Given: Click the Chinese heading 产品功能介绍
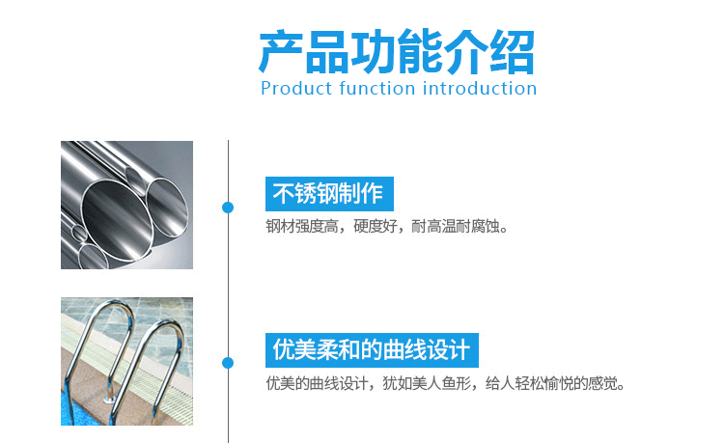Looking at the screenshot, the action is click(396, 51).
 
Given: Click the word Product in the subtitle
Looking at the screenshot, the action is click(296, 88).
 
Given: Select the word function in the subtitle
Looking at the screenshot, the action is click(376, 88).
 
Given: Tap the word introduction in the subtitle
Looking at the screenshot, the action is click(480, 88).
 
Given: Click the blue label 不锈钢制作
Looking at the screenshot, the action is click(329, 194).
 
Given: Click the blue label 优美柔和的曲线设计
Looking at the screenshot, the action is click(372, 349).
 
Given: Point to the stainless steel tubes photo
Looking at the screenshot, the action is click(127, 205).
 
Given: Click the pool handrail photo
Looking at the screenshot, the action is click(127, 361).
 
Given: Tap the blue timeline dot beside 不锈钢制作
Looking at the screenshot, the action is click(228, 208).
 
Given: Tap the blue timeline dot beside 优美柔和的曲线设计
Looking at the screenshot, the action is click(228, 363).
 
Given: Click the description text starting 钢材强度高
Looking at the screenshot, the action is click(387, 227).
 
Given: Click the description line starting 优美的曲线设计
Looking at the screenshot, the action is click(445, 383).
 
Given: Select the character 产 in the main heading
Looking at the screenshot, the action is click(281, 51).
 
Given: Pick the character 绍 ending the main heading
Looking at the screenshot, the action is click(513, 51).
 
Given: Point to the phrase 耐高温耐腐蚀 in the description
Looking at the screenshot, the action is click(455, 227).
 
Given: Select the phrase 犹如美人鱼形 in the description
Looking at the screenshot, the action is click(426, 383).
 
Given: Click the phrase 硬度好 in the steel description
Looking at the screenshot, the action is click(375, 227).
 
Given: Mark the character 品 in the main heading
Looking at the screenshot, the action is click(327, 51).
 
